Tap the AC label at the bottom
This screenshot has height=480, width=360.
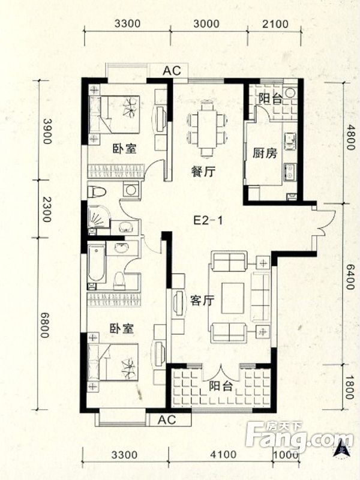(x=165, y=419)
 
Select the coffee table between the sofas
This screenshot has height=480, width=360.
(x=232, y=298)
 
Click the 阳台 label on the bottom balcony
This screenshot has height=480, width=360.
(x=219, y=387)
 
